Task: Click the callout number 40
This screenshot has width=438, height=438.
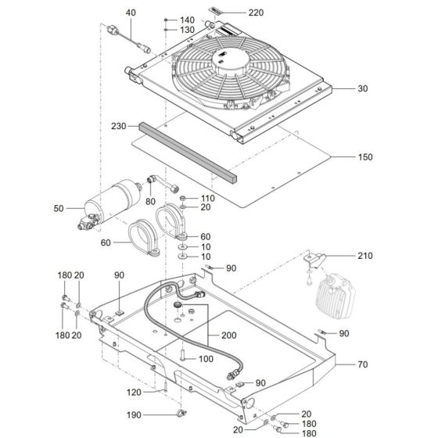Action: coord(131,13)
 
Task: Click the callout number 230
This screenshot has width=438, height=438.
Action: coord(119,126)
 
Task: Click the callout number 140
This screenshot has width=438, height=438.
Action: coord(187,19)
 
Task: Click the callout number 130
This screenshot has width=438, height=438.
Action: coord(187,30)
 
